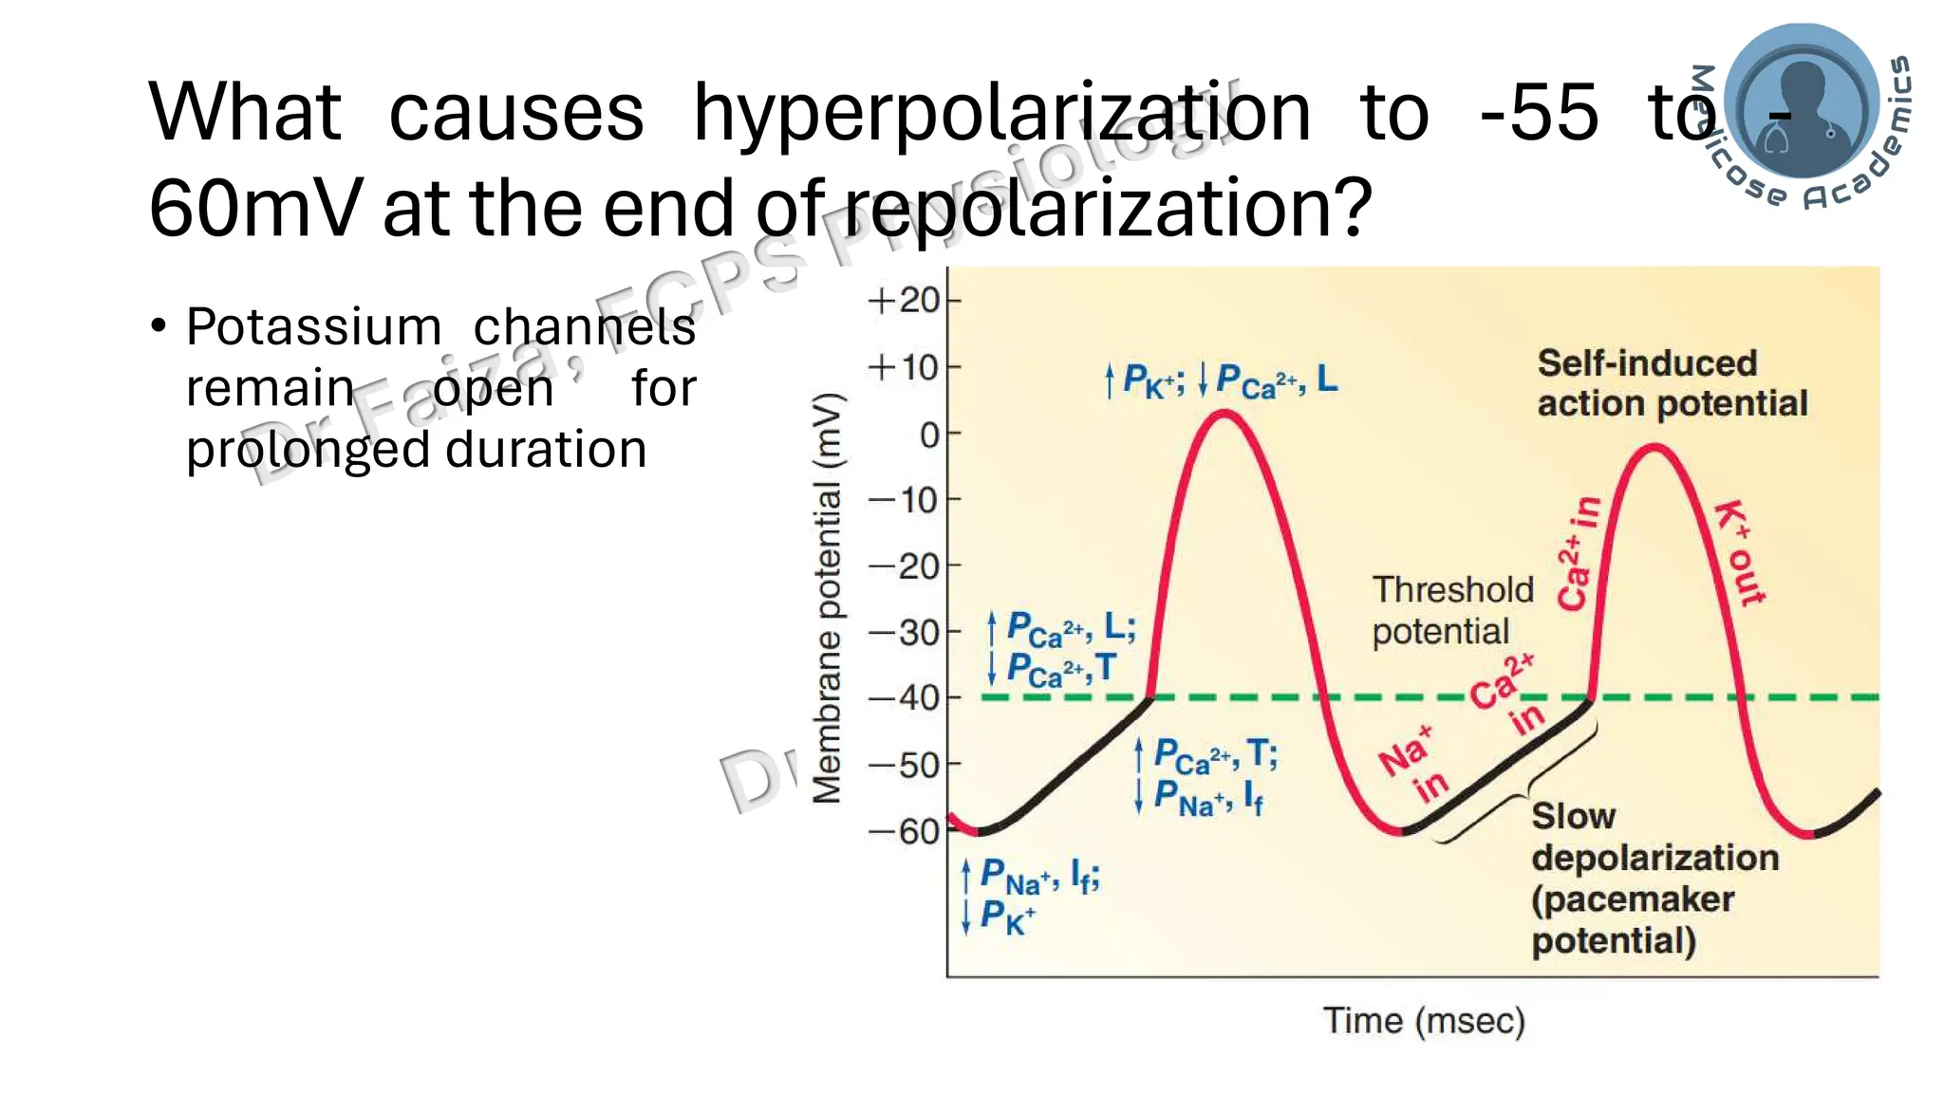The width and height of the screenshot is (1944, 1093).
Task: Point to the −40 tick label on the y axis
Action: [904, 698]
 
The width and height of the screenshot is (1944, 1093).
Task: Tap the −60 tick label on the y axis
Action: [904, 832]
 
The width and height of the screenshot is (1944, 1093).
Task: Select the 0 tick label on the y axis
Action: [929, 435]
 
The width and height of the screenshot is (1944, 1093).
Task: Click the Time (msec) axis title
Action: [1424, 1021]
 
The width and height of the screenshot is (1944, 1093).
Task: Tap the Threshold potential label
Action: [1452, 610]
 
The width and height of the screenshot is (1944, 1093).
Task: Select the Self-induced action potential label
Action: [1672, 383]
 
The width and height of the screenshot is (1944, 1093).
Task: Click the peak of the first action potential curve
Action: [1224, 414]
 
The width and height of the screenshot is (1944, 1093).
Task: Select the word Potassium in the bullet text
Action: [314, 327]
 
